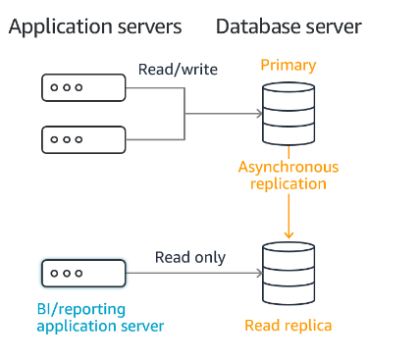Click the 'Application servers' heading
tap(95, 26)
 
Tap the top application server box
tap(83, 87)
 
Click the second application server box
tap(83, 139)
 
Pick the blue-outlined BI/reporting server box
tap(83, 272)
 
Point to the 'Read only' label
tap(190, 258)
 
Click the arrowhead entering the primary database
tap(256, 114)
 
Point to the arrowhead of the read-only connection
tap(256, 272)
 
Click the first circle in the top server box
tap(55, 87)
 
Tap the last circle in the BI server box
tap(79, 272)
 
